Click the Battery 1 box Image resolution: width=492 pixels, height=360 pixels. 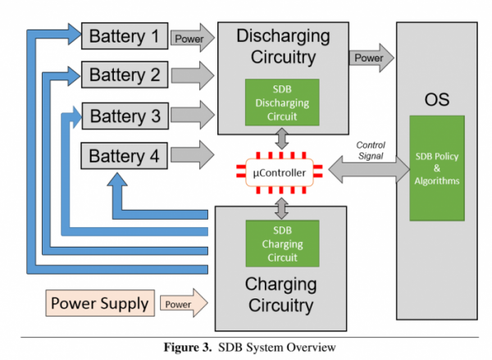click(124, 36)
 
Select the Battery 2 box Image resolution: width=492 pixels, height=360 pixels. click(124, 75)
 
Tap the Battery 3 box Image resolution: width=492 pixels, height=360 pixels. click(124, 115)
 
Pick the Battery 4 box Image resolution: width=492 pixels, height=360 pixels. click(124, 155)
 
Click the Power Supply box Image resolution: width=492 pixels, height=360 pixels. click(100, 303)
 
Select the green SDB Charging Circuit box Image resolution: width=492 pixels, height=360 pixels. click(281, 244)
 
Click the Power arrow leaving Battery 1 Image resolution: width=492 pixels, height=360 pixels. click(192, 36)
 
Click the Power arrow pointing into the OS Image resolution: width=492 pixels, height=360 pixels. click(371, 58)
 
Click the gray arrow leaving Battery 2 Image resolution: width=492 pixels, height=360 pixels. click(192, 75)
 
